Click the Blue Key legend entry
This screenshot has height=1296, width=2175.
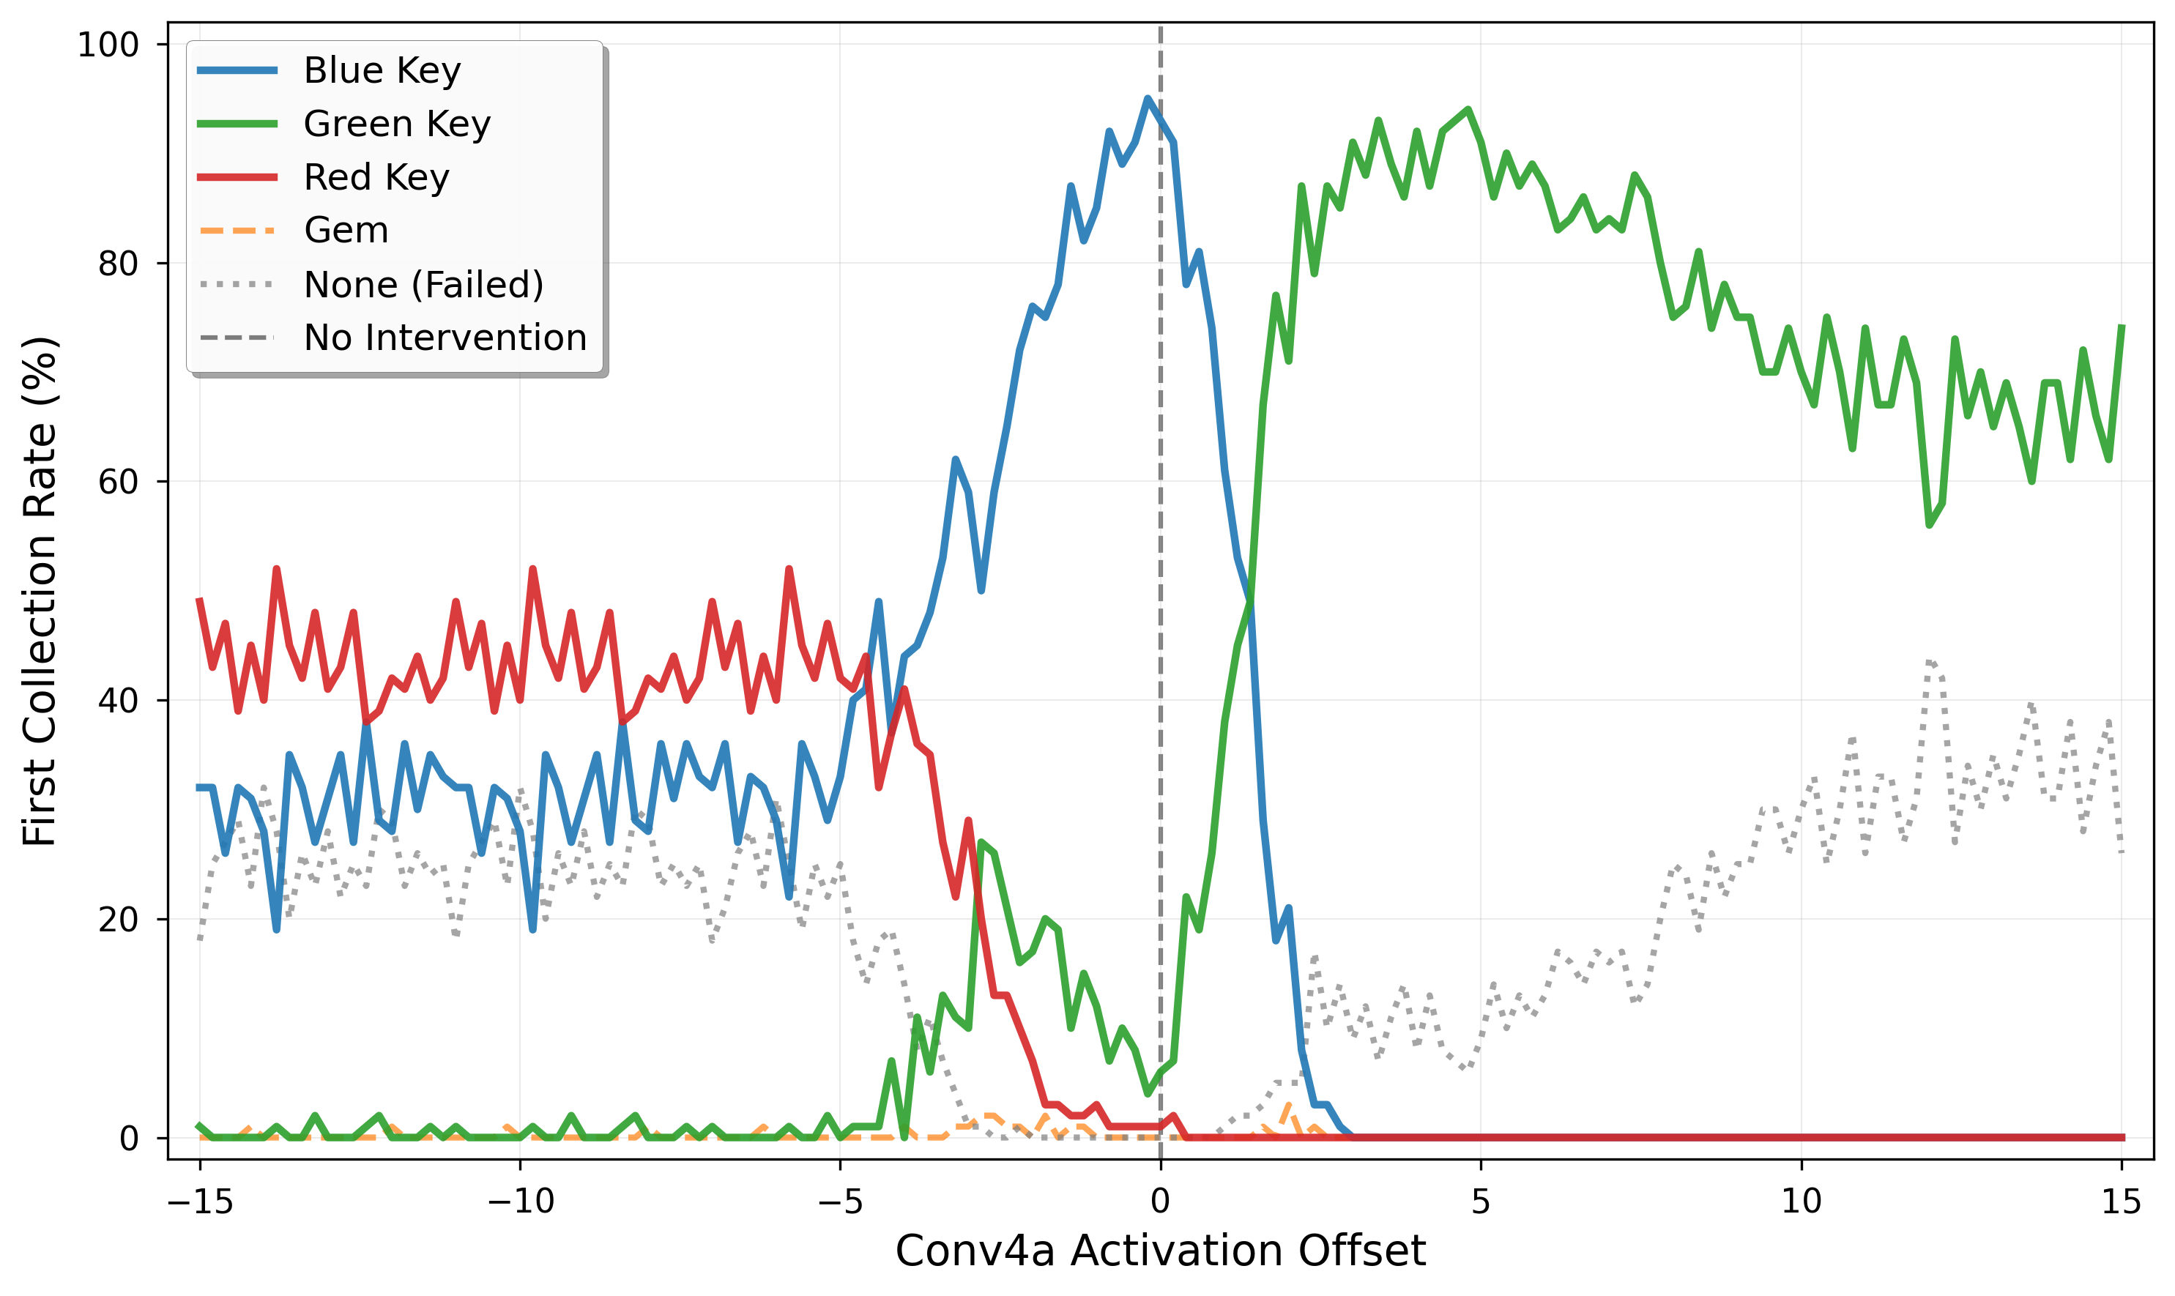(382, 71)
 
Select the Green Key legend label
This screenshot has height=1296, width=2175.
(397, 124)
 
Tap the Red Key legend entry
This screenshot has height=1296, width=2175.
(376, 177)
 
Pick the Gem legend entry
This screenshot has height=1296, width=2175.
(346, 231)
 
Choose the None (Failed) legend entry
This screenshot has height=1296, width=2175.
(423, 285)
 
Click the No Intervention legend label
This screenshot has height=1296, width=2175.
(445, 338)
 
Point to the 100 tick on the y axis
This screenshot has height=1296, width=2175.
(108, 45)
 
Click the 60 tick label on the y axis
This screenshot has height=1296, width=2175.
(118, 482)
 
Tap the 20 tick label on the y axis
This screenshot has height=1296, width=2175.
(118, 920)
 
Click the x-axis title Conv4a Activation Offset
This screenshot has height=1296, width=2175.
(1160, 1251)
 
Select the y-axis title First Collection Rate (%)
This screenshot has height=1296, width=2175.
(40, 591)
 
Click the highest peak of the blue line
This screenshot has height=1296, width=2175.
(1148, 98)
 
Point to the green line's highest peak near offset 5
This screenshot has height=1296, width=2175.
(1468, 109)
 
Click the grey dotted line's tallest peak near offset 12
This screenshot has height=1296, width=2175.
(1930, 661)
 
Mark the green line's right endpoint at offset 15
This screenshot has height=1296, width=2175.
(2122, 326)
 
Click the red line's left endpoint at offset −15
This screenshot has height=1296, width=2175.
(200, 599)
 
